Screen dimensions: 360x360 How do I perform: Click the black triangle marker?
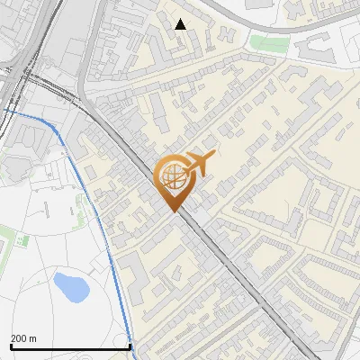[181, 24]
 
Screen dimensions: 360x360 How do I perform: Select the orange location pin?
[173, 180]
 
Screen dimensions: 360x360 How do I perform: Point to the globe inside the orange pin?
[172, 175]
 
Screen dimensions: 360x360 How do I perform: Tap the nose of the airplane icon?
[212, 157]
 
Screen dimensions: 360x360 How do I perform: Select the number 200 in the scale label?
[20, 338]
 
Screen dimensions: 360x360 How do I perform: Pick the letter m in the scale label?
[33, 338]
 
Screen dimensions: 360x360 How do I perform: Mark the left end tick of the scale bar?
[11, 345]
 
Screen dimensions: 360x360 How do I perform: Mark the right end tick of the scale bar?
[130, 345]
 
